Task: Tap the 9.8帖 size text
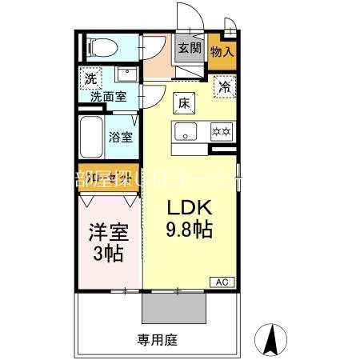pyautogui.click(x=189, y=231)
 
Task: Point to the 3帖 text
pyautogui.click(x=107, y=255)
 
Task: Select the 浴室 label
pyautogui.click(x=121, y=137)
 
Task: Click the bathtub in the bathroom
pyautogui.click(x=93, y=139)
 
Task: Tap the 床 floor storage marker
pyautogui.click(x=182, y=102)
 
